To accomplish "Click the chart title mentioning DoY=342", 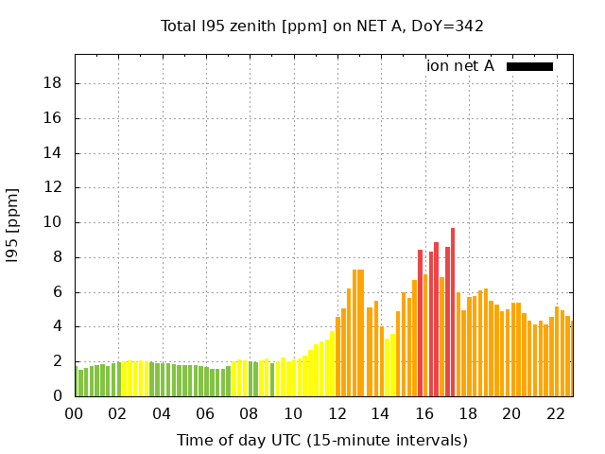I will pos(321,26).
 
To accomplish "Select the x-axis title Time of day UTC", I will pos(321,440).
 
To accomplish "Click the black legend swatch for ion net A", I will pos(529,66).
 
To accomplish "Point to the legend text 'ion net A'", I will pos(460,66).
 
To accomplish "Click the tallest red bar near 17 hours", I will pos(453,312).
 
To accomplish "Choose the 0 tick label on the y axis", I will pos(58,396).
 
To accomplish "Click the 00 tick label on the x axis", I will pos(74,413).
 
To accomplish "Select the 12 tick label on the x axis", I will pos(337,413).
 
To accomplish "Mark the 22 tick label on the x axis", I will pos(556,413).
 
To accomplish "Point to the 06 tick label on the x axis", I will pos(205,413).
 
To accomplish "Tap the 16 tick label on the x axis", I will pos(424,413).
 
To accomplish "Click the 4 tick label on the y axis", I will pos(58,326).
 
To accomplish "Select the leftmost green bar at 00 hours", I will pos(77,382).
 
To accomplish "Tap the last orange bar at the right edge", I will pos(571,358).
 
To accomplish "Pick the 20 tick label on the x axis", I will pos(511,413).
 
